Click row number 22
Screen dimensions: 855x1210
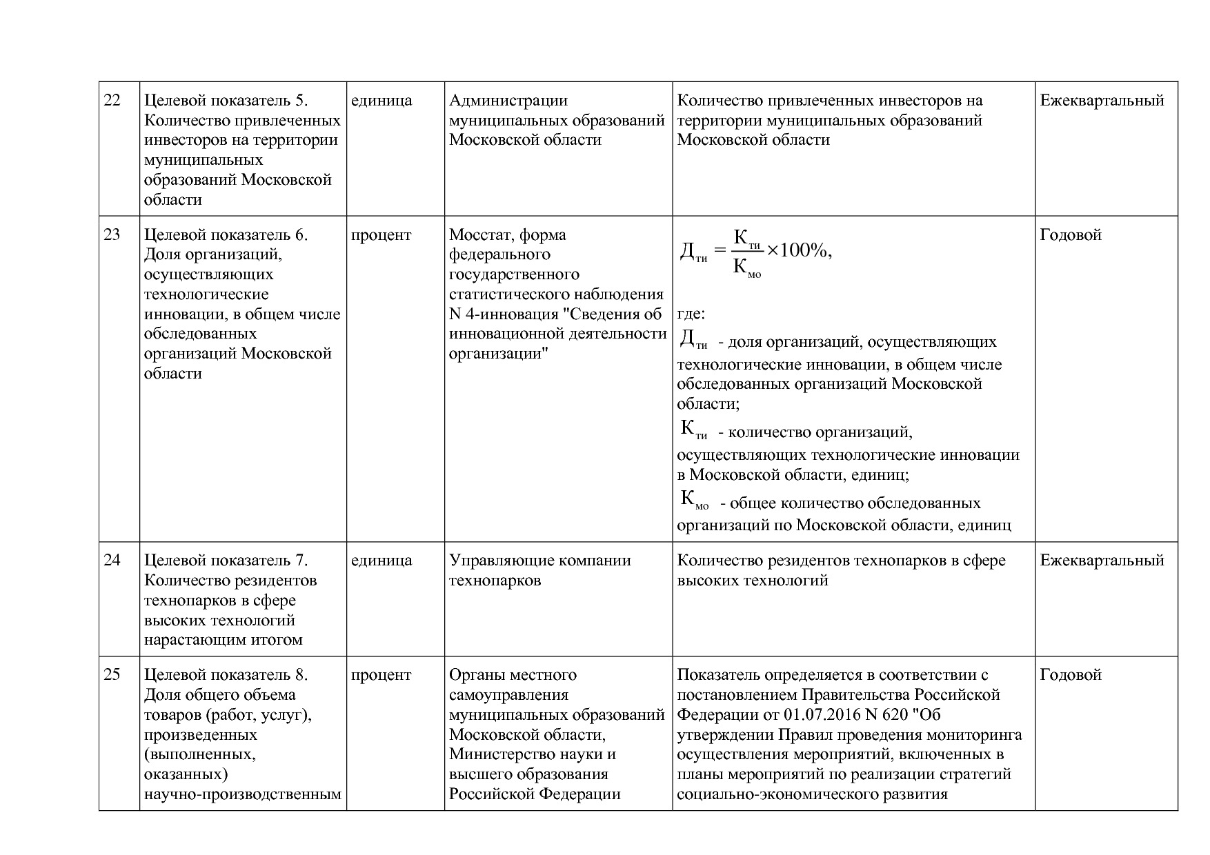(112, 101)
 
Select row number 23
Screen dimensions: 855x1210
(112, 235)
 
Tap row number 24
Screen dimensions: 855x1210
(112, 561)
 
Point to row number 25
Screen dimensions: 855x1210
(112, 675)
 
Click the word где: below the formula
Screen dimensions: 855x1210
(691, 314)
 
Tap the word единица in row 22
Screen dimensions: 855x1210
(381, 101)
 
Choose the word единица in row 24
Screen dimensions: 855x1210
(381, 561)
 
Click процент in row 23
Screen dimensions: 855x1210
(381, 235)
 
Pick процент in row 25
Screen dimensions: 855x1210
(381, 675)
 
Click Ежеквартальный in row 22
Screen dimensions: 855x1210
(1102, 101)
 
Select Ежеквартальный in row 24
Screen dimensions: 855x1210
(1102, 561)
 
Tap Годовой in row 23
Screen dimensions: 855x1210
(1070, 235)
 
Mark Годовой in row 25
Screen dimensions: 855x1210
(1070, 675)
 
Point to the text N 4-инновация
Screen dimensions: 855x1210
(504, 314)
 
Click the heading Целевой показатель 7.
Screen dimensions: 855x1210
(226, 561)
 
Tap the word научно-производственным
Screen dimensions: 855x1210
(242, 794)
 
